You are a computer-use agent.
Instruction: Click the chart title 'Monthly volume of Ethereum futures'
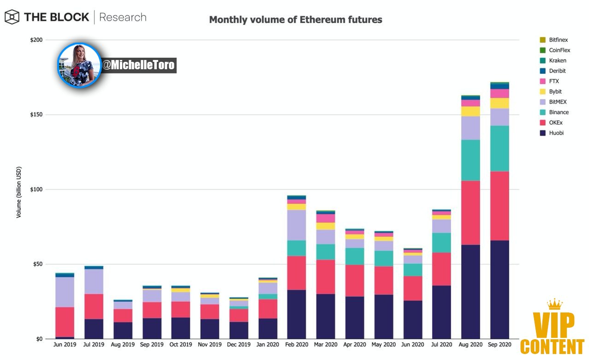coord(296,20)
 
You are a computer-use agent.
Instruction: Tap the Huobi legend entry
coord(551,133)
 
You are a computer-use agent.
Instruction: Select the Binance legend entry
coord(554,112)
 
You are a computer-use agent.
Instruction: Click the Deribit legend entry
coord(553,71)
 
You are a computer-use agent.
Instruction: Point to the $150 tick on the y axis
coord(36,114)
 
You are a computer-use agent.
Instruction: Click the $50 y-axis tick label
coord(38,264)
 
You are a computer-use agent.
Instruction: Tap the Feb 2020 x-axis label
coord(297,344)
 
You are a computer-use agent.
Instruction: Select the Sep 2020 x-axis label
coord(500,344)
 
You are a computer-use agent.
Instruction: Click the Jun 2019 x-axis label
coord(65,344)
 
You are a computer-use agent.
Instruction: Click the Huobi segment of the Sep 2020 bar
coord(500,289)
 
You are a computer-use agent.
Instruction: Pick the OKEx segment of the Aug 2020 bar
coord(470,213)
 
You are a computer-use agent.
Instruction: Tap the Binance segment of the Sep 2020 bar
coord(500,149)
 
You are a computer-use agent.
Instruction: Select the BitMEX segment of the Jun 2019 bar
coord(65,292)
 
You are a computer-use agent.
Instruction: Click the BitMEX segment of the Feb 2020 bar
coord(297,225)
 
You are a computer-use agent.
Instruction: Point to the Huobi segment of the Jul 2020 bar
coord(442,312)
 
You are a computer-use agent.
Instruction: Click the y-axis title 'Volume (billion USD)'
coord(18,192)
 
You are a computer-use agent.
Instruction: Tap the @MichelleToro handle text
coord(138,65)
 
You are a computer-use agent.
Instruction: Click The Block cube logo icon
coord(12,17)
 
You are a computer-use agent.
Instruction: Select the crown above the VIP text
coord(555,304)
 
